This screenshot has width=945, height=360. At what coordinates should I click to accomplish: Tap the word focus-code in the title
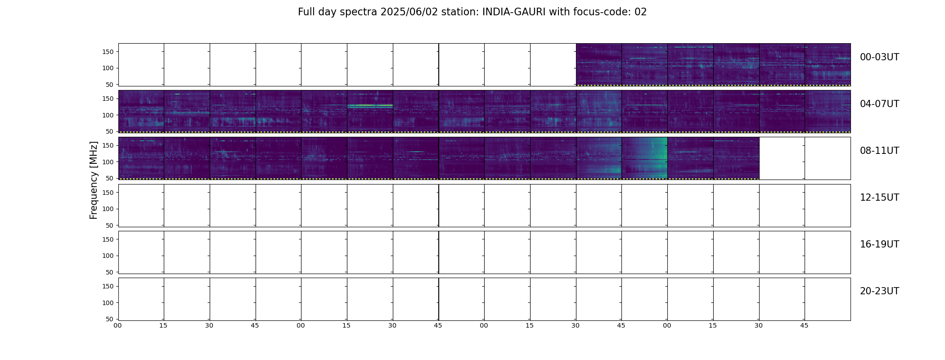pyautogui.click(x=602, y=12)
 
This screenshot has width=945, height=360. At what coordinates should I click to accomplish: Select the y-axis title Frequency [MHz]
pyautogui.click(x=94, y=180)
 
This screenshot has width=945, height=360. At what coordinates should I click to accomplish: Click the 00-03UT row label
pyautogui.click(x=879, y=57)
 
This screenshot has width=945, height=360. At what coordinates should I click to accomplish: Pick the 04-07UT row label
pyautogui.click(x=879, y=104)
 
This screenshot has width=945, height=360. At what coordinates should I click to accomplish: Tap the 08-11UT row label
pyautogui.click(x=879, y=151)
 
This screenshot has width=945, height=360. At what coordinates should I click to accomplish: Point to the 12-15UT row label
pyautogui.click(x=879, y=198)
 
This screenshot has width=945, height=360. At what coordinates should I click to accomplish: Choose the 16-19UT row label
pyautogui.click(x=879, y=244)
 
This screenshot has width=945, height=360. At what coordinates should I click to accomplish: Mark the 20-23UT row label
pyautogui.click(x=879, y=291)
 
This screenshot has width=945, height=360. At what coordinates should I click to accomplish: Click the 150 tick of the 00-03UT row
pyautogui.click(x=108, y=52)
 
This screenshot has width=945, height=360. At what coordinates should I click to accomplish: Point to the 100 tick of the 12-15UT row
pyautogui.click(x=108, y=209)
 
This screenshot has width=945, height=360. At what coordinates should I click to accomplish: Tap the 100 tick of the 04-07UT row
pyautogui.click(x=108, y=115)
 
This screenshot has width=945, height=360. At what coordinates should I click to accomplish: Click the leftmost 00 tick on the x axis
pyautogui.click(x=117, y=325)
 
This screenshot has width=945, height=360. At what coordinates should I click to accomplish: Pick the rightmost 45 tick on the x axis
pyautogui.click(x=804, y=325)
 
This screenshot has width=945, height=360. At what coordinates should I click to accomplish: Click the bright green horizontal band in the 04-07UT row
pyautogui.click(x=370, y=106)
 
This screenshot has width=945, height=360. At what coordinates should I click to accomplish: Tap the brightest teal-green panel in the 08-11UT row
pyautogui.click(x=644, y=158)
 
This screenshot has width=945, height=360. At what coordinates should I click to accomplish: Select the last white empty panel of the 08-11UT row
pyautogui.click(x=828, y=158)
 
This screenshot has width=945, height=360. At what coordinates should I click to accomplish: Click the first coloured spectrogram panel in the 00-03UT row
pyautogui.click(x=599, y=64)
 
